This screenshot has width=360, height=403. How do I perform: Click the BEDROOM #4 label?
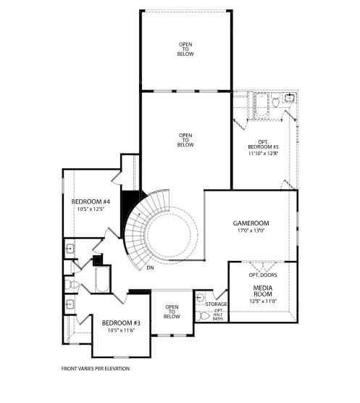click(x=96, y=201)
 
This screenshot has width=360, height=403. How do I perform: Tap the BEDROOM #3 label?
click(x=120, y=323)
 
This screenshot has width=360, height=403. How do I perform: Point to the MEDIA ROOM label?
click(x=263, y=291)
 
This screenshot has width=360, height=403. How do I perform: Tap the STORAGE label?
click(x=217, y=304)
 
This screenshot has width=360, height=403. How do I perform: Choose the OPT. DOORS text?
click(x=263, y=275)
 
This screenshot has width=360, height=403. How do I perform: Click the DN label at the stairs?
click(x=150, y=268)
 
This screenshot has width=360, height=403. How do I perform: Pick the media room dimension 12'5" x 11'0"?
click(x=263, y=301)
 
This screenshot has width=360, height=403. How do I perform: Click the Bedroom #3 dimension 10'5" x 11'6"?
click(x=120, y=331)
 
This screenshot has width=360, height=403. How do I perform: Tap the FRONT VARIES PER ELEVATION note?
click(x=96, y=368)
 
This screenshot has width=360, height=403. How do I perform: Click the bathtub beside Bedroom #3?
click(x=101, y=280)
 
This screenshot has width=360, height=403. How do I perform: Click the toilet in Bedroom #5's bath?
click(x=276, y=103)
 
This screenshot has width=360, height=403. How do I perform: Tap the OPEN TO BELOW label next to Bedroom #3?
click(x=172, y=312)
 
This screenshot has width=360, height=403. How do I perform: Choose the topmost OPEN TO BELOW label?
click(x=186, y=49)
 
